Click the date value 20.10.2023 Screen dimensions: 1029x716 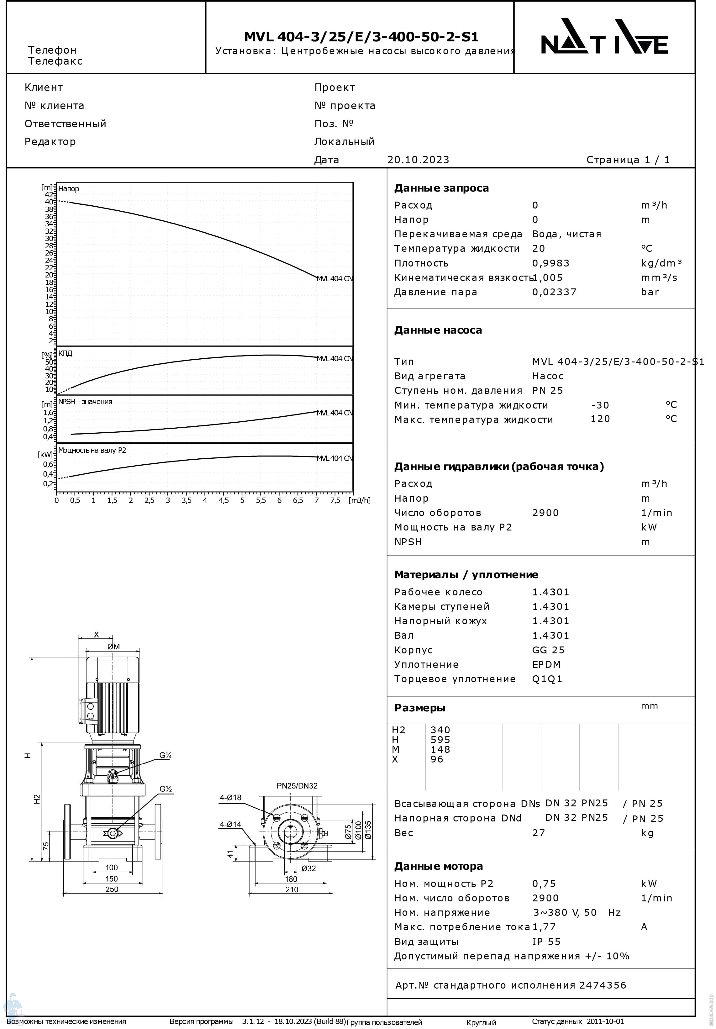418,160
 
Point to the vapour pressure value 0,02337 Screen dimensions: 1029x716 554,292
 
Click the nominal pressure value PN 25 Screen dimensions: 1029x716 548,390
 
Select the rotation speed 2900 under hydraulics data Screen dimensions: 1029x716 545,513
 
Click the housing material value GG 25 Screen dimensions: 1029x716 548,650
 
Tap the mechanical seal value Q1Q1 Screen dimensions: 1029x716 547,679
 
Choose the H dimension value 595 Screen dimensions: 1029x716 440,740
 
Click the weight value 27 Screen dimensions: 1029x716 539,833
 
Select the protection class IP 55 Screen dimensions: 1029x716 546,942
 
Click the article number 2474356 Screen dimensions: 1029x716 603,985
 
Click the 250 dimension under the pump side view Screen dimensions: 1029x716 112,889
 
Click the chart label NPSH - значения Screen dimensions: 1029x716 85,402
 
